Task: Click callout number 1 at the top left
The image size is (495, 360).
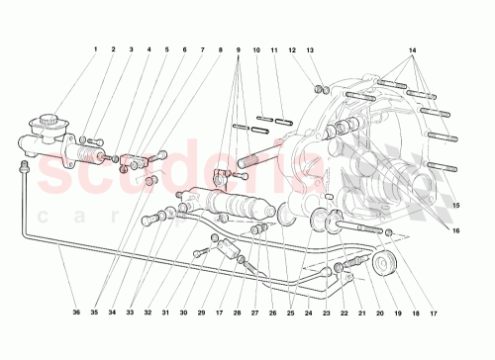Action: pyautogui.click(x=96, y=49)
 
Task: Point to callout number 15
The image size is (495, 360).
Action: pyautogui.click(x=457, y=205)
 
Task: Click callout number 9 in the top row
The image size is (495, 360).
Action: pyautogui.click(x=239, y=49)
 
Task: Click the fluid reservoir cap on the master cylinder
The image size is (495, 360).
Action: pyautogui.click(x=45, y=124)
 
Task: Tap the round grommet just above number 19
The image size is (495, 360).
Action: pyautogui.click(x=382, y=263)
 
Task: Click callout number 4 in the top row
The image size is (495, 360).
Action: pyautogui.click(x=148, y=49)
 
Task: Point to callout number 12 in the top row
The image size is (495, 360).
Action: pyautogui.click(x=293, y=49)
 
